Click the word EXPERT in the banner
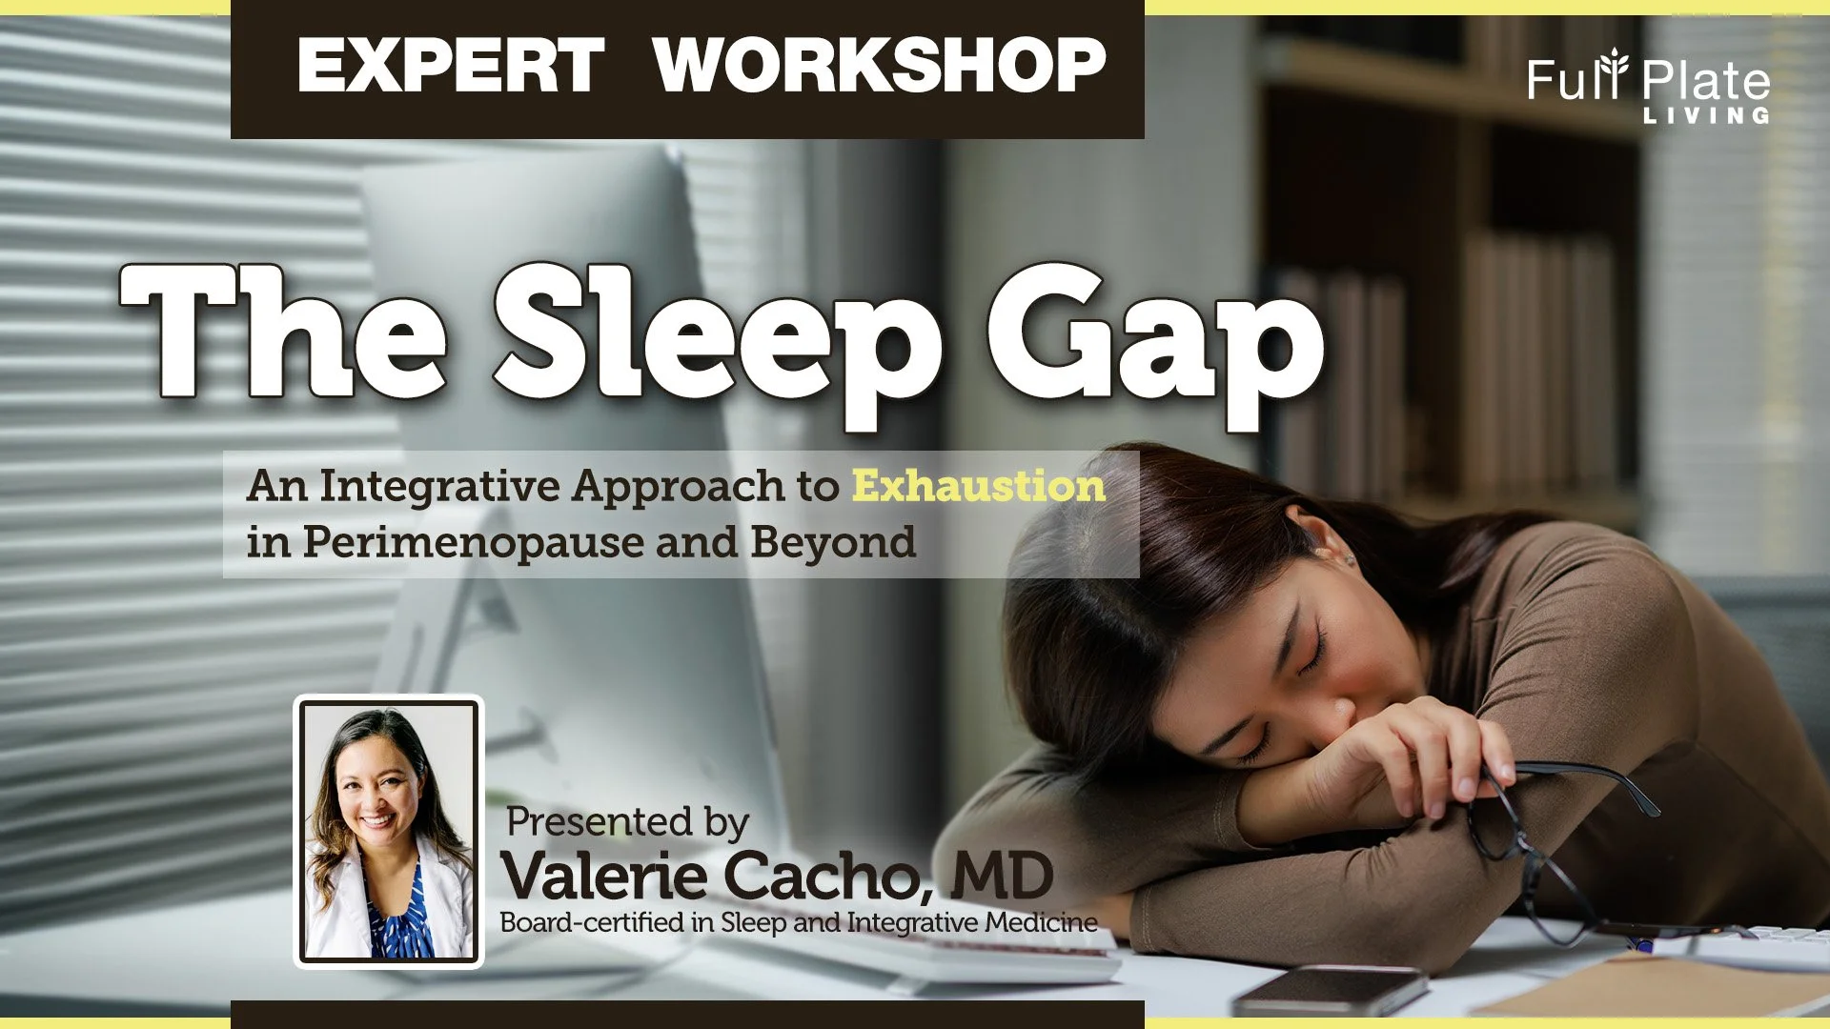(x=450, y=66)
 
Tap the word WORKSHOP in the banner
(x=879, y=66)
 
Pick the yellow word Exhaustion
(x=978, y=486)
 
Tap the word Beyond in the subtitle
(x=832, y=543)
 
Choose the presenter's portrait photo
(x=389, y=831)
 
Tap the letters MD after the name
(x=1002, y=876)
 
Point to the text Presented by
(x=626, y=821)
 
